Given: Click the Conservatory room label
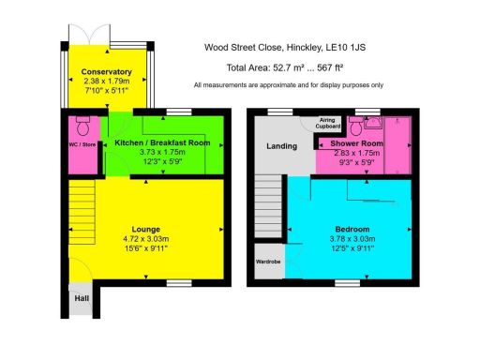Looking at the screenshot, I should [105, 72].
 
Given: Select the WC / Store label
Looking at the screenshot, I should [82, 143].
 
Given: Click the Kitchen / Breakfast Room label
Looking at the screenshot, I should [162, 142].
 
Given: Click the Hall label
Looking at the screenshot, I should [81, 299].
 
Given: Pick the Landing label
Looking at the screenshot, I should [281, 145].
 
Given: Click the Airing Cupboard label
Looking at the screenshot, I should [327, 123].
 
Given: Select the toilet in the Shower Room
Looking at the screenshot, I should [361, 124].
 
